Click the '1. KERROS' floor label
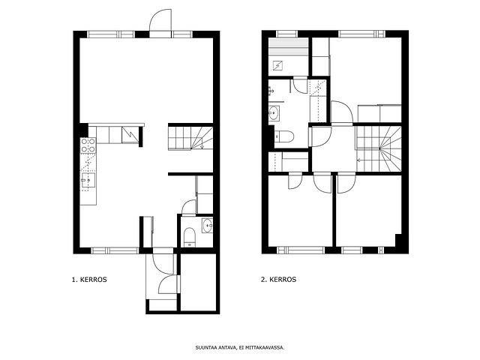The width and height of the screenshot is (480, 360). point(89,280)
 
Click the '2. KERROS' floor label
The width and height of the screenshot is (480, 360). point(278,280)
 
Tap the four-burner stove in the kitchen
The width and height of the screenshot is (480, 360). point(88,145)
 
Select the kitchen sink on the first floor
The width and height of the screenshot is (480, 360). point(88,180)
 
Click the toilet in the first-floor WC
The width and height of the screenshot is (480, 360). point(190,237)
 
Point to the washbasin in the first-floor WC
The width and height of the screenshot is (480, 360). point(207,226)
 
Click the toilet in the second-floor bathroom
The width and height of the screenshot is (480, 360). point(283,136)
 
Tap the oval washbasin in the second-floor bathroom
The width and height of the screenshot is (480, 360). point(274,113)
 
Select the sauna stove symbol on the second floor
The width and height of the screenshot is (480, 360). point(277,65)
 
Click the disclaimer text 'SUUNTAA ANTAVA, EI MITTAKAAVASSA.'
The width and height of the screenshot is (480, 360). point(240,348)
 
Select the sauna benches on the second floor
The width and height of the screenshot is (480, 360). point(288,46)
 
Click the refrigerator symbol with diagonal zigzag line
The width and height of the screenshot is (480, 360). point(130,135)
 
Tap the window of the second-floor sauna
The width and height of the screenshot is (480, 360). point(286,34)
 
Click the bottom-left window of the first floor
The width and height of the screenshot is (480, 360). point(115,250)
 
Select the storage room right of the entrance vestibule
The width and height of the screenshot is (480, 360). point(198,282)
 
